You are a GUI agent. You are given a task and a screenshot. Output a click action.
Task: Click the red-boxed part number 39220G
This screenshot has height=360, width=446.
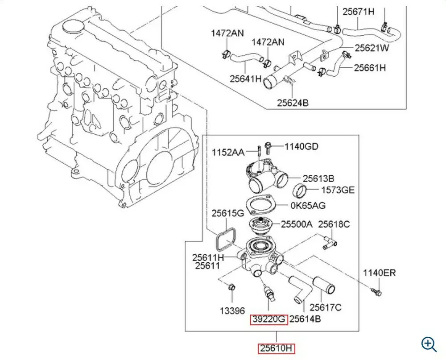click(x=269, y=319)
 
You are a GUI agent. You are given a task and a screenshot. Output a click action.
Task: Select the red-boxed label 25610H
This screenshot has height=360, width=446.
click(x=276, y=348)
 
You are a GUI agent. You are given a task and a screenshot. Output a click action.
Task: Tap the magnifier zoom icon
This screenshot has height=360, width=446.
click(x=429, y=344)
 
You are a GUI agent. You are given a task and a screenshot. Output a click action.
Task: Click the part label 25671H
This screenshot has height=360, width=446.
click(x=359, y=12)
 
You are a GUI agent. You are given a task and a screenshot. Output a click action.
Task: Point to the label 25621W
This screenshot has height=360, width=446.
click(x=372, y=48)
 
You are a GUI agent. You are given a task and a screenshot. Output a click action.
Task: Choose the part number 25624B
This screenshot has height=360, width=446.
click(x=293, y=103)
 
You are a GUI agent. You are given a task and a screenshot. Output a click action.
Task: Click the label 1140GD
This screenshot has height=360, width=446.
click(x=301, y=147)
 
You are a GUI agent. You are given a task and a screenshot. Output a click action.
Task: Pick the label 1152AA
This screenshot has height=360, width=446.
click(x=228, y=153)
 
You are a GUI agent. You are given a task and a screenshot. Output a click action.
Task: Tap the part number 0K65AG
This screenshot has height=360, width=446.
click(x=308, y=206)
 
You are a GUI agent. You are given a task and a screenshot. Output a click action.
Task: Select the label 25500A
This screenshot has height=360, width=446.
click(x=297, y=224)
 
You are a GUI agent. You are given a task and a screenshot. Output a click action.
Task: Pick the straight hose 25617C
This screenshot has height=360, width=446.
click(x=324, y=286)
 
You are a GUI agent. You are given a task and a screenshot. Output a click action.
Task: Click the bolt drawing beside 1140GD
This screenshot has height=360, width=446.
click(x=267, y=148)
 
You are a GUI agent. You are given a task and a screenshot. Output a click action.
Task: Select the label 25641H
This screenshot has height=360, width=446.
click(x=246, y=79)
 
